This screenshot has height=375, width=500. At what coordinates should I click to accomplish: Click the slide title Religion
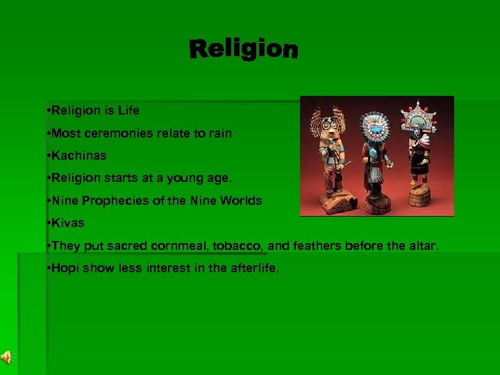coord(243,49)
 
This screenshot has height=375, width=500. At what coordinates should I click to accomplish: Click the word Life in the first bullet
coord(128,110)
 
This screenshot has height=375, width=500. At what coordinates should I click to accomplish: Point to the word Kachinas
coord(78,156)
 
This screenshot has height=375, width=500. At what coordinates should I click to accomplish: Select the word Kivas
coord(67,224)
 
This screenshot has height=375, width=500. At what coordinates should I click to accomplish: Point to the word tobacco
coord(238,246)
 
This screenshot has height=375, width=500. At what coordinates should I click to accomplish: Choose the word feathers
coord(315,246)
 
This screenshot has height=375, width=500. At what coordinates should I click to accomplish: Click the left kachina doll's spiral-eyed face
coord(324,128)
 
